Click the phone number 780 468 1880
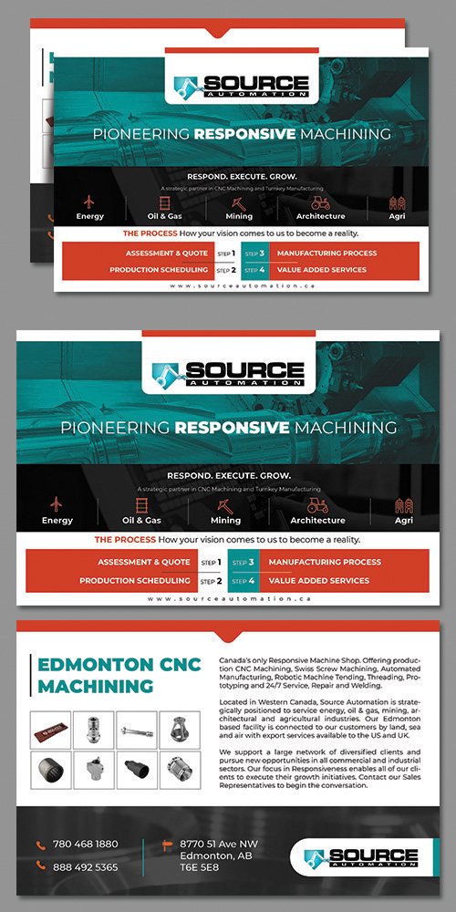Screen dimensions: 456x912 tap(86, 844)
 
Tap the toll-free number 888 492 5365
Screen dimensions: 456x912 tap(86, 866)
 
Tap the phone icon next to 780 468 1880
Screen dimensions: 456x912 tap(40, 845)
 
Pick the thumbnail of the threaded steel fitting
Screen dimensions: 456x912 tap(94, 729)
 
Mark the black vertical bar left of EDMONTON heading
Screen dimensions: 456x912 tap(31, 674)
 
